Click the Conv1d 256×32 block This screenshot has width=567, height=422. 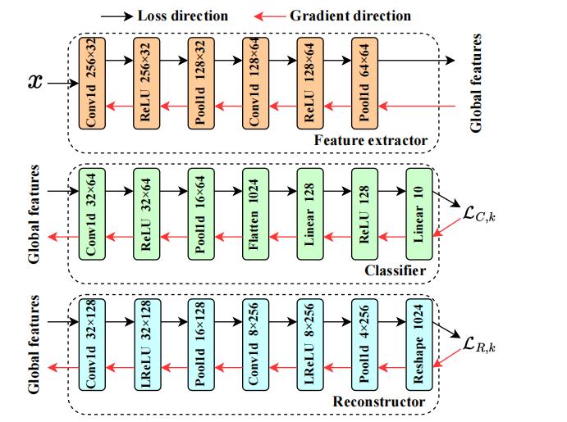click(92, 82)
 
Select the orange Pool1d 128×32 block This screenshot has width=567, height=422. click(201, 82)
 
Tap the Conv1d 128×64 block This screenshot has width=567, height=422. click(255, 82)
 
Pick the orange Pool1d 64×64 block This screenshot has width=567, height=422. click(364, 82)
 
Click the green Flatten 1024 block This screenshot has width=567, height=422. click(255, 214)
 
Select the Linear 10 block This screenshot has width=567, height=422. click(418, 214)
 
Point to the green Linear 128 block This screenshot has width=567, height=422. click(310, 214)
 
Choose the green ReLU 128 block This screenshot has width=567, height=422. click(364, 214)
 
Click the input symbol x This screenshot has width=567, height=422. click(34, 82)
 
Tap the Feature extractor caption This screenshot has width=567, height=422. click(371, 141)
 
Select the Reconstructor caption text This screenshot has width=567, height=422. click(379, 402)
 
